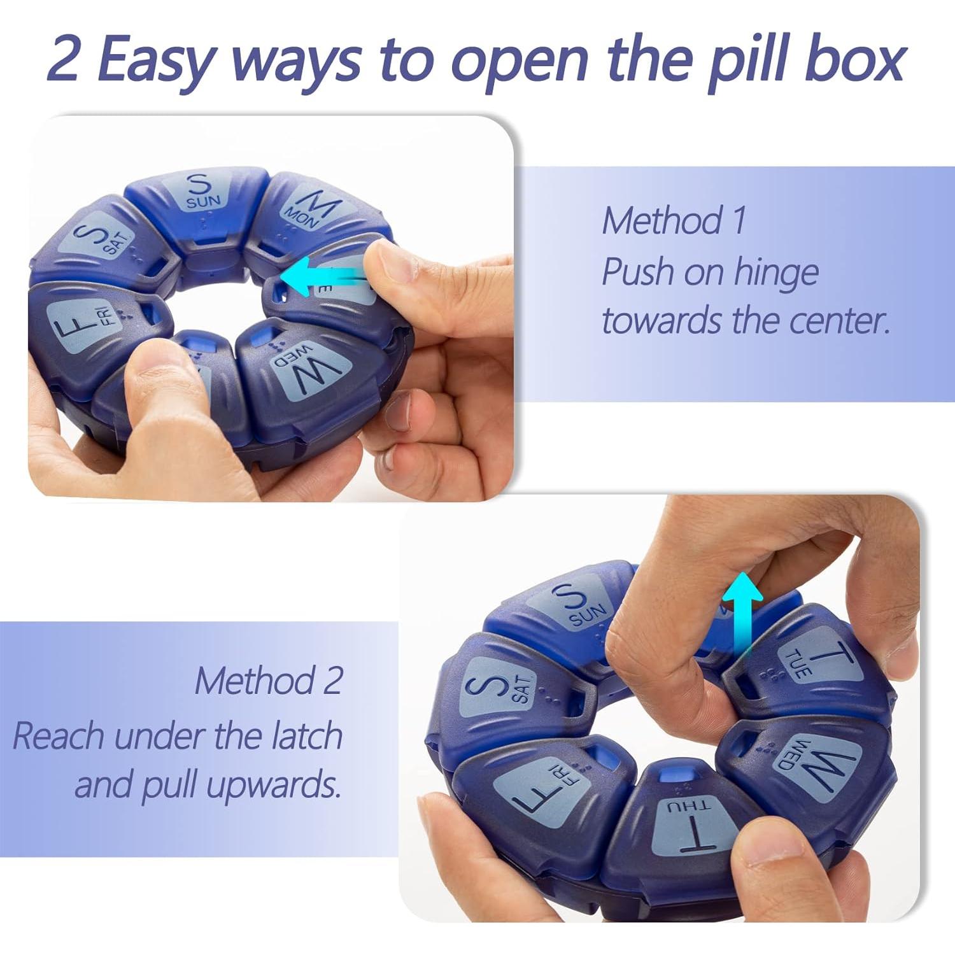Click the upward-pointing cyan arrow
point(741,611)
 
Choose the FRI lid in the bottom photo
point(541,783)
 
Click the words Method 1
point(674,221)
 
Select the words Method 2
point(269,680)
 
